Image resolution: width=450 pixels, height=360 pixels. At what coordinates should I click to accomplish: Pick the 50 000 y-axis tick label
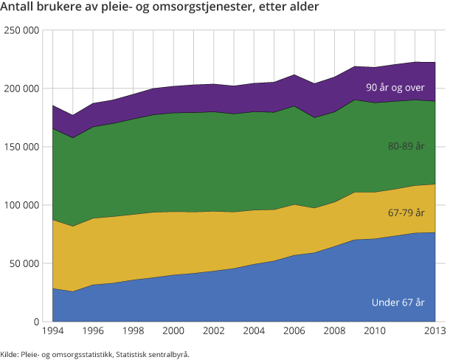24,263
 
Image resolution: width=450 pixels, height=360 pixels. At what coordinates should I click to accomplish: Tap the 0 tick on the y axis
35,322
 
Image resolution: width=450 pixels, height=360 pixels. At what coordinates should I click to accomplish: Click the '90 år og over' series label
395,88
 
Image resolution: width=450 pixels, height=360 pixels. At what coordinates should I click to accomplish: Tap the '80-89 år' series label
406,147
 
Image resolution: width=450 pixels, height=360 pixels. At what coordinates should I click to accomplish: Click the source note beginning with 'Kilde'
95,354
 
